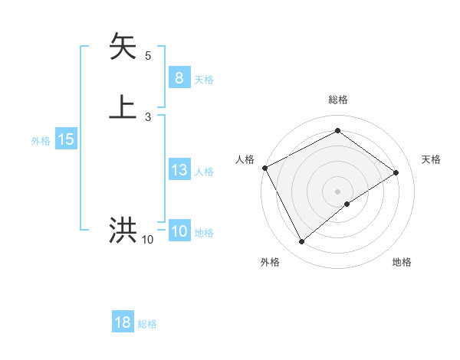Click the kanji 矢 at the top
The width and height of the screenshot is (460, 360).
tap(123, 47)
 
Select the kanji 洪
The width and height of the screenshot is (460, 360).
tap(123, 231)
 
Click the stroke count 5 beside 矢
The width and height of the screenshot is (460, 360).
tap(148, 56)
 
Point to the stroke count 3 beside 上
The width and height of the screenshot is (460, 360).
tap(148, 116)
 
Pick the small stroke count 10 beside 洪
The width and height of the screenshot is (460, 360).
tap(148, 240)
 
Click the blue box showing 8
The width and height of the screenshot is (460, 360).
tap(179, 77)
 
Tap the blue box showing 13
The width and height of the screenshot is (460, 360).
tap(179, 170)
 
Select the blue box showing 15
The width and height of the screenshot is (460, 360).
tap(66, 139)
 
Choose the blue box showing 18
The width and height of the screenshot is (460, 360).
tap(123, 322)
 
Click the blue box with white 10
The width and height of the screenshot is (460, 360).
tap(179, 231)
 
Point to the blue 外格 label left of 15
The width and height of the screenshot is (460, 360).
tap(41, 141)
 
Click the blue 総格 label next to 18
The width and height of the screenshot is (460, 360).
tap(147, 324)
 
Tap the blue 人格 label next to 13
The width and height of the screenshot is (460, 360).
tap(205, 172)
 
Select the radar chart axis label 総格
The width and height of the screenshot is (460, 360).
tap(337, 100)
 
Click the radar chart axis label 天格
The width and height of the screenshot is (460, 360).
tap(431, 159)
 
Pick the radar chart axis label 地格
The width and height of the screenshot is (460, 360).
tap(402, 262)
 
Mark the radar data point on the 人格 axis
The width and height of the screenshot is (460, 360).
tap(264, 168)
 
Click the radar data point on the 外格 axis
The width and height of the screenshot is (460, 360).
tap(301, 242)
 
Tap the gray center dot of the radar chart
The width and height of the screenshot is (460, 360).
tap(337, 191)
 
